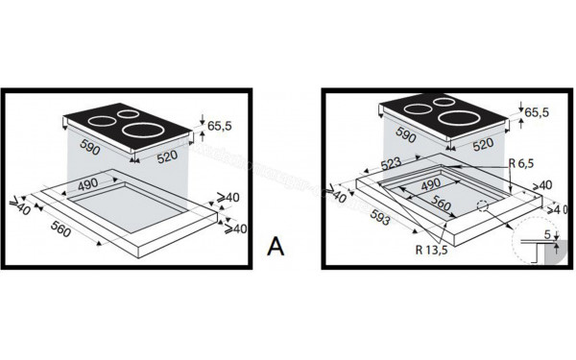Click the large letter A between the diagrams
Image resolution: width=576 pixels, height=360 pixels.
point(276,247)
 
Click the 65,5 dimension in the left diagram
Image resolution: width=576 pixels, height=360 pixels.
point(220,126)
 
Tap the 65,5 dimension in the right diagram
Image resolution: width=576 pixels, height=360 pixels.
point(537,112)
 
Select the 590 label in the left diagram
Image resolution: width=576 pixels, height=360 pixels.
point(90,147)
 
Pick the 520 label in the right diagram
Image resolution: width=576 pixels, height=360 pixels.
point(483,144)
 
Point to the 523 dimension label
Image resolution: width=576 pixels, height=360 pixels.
point(391,164)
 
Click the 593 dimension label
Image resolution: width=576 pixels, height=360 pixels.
point(380,217)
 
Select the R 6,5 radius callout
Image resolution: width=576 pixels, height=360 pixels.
point(521,163)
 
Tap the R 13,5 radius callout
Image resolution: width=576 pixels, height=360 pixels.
point(432,250)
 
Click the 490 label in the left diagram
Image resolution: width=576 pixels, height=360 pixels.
point(87,183)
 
